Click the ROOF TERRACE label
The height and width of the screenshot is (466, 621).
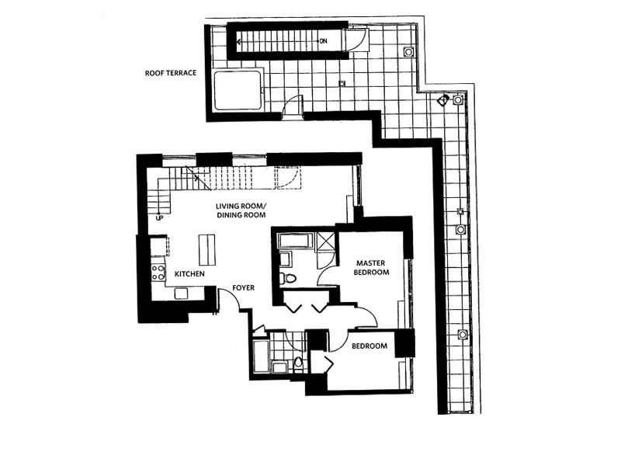pyautogui.click(x=171, y=74)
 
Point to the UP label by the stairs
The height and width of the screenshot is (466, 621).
pyautogui.click(x=160, y=217)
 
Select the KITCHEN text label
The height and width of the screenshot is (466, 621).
pyautogui.click(x=189, y=274)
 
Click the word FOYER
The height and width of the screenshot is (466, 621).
pyautogui.click(x=244, y=287)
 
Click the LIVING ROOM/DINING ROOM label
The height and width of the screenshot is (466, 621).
pyautogui.click(x=241, y=210)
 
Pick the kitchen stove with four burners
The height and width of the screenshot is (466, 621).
pyautogui.click(x=158, y=272)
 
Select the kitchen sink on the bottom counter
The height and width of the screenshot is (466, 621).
pyautogui.click(x=181, y=292)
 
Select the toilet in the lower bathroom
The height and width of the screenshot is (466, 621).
pyautogui.click(x=297, y=363)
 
